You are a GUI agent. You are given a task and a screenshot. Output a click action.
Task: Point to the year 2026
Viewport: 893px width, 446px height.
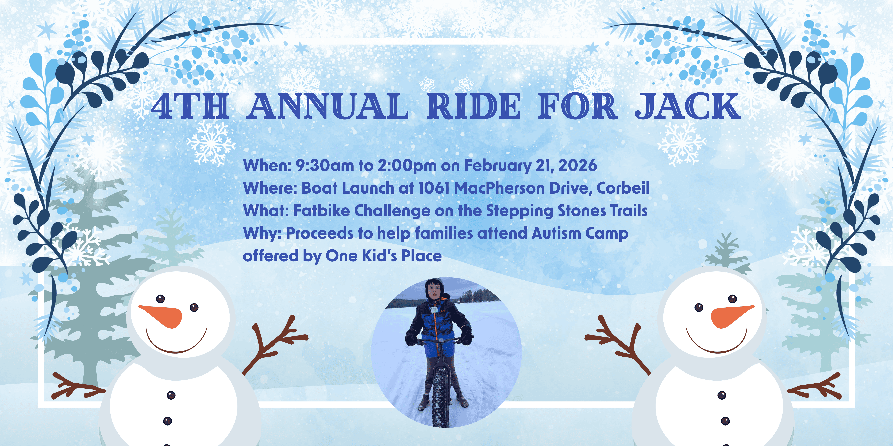coord(578,166)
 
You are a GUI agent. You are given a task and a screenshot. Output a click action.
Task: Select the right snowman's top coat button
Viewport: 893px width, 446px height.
coord(721,395)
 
